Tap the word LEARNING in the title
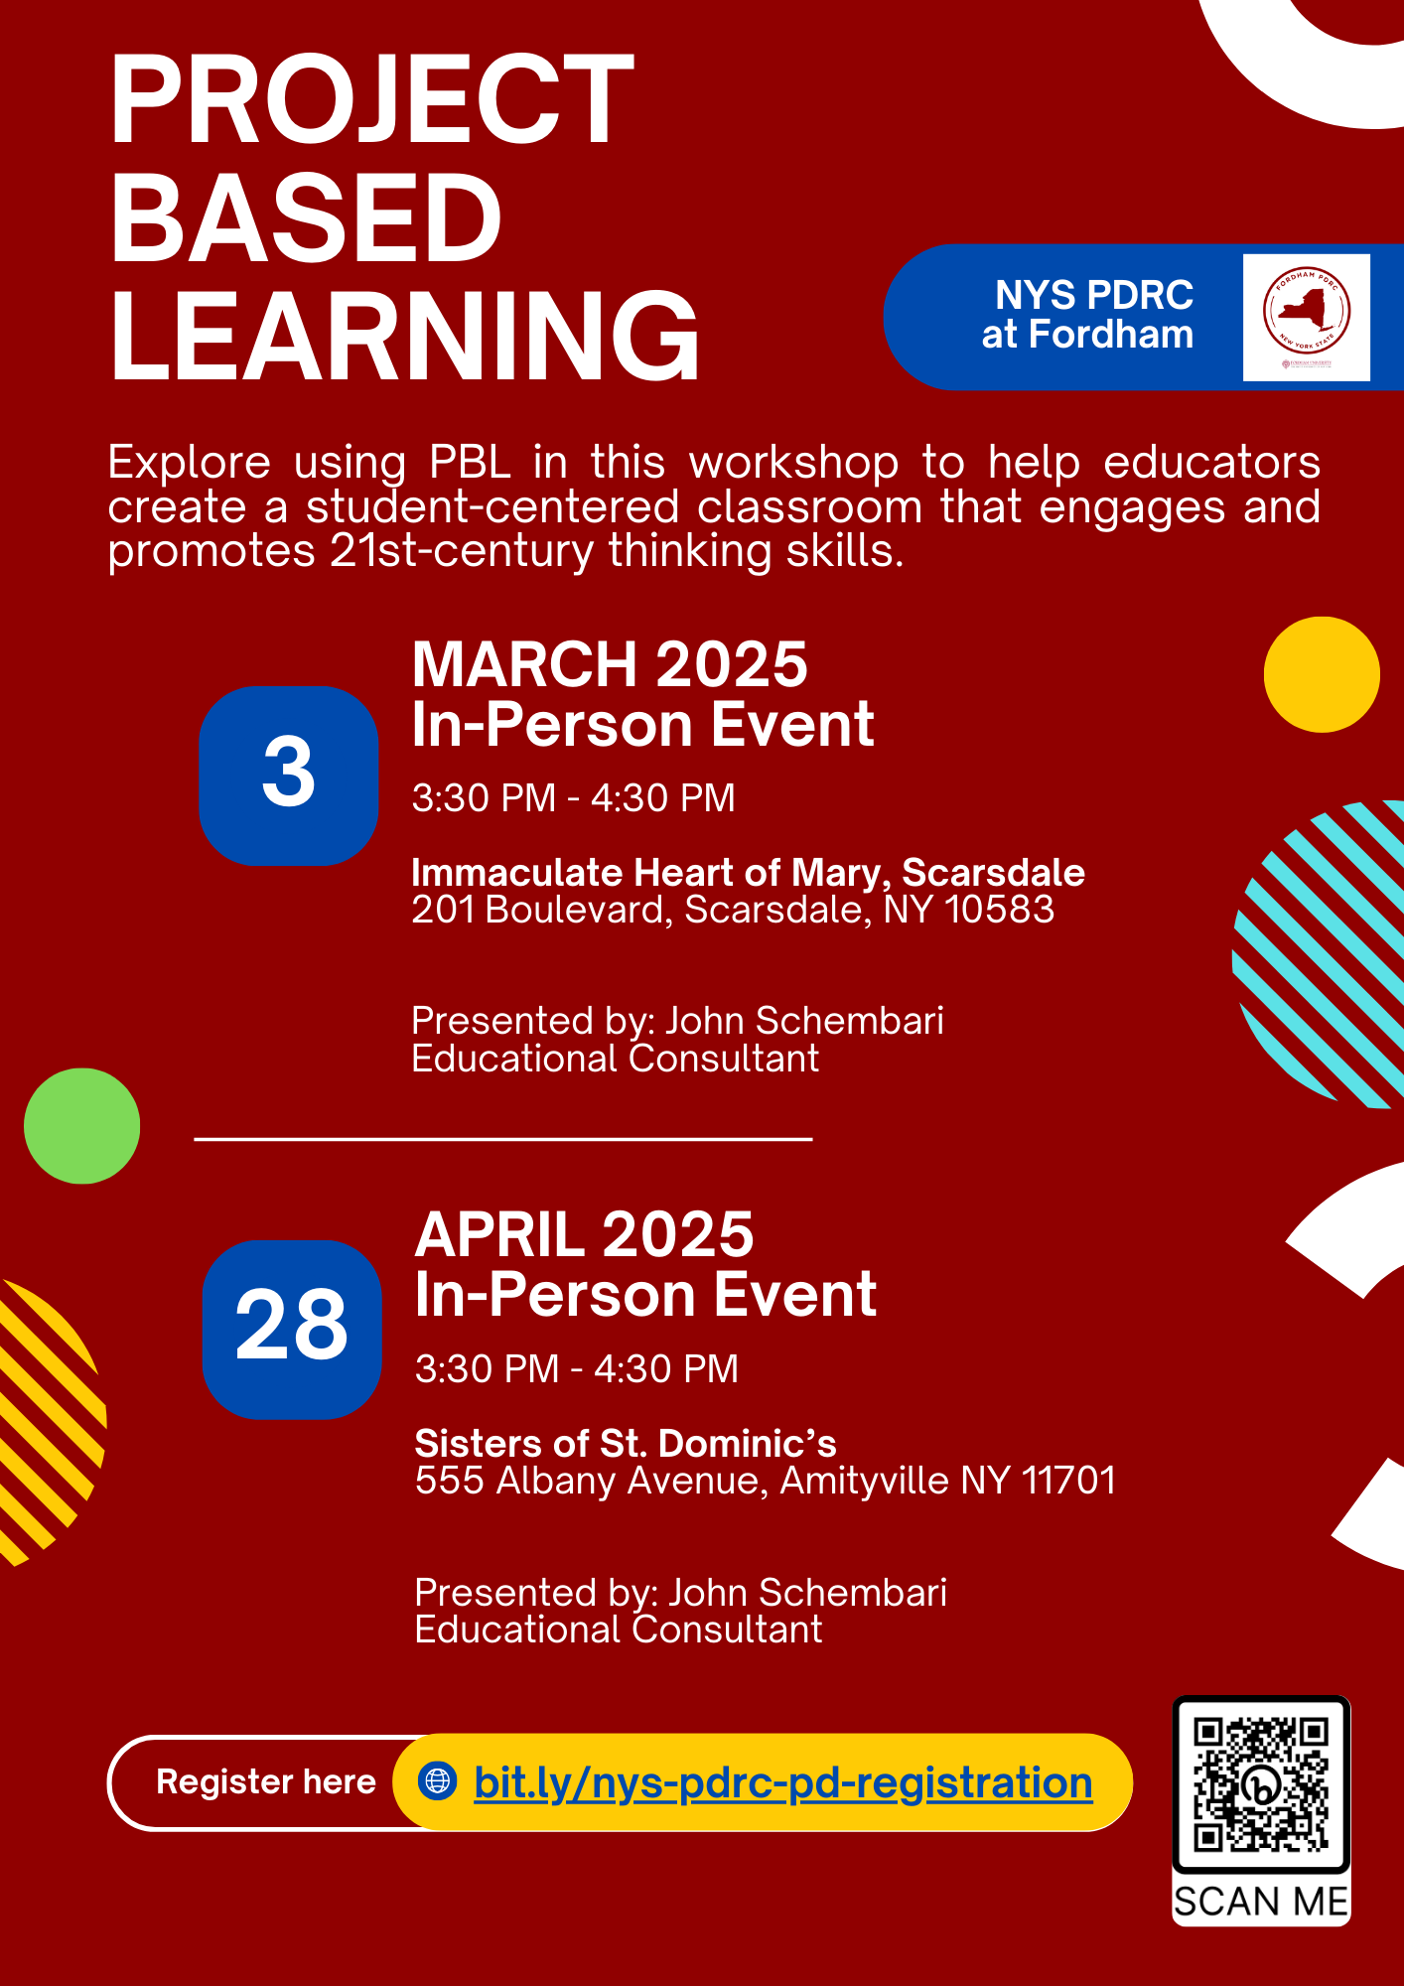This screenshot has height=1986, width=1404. (405, 336)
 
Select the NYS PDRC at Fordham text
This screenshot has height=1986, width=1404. (1088, 315)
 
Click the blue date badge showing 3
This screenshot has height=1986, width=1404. (289, 776)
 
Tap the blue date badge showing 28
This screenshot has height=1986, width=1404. (292, 1330)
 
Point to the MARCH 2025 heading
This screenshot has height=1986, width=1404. (610, 663)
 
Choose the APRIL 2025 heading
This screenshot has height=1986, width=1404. (584, 1234)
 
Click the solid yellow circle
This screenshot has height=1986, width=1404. (1322, 674)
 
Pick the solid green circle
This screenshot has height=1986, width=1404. (81, 1125)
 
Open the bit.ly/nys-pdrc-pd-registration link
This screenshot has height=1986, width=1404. (783, 1782)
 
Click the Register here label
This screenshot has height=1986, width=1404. (266, 1782)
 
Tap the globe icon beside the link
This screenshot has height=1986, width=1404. (437, 1780)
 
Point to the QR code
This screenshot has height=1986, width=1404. (1261, 1785)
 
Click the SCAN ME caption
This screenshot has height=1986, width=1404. (1261, 1902)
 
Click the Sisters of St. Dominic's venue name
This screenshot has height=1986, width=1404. (626, 1443)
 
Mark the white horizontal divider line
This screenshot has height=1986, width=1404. (503, 1139)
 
